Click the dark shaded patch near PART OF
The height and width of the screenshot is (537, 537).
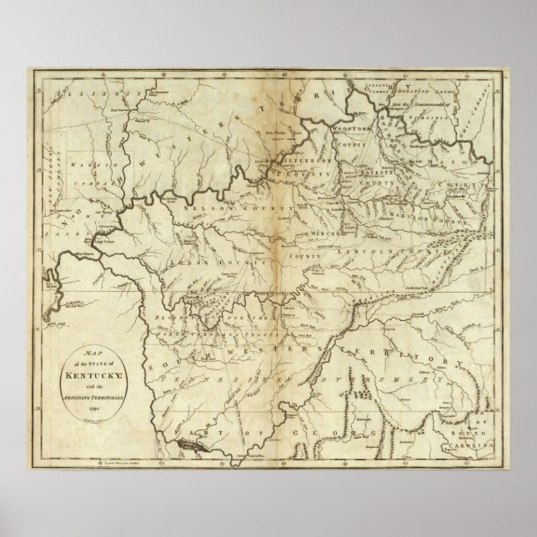click(x=187, y=447)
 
